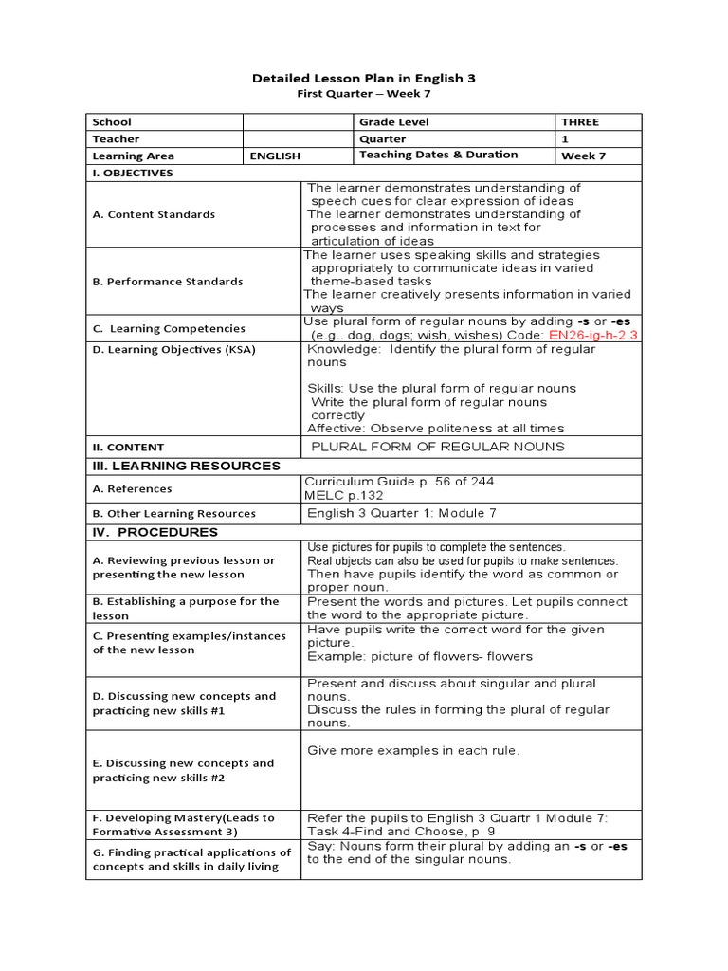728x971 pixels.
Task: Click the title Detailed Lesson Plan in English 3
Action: [x=363, y=79]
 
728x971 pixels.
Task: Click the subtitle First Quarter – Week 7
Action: [x=363, y=95]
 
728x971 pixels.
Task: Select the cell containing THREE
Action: [x=580, y=121]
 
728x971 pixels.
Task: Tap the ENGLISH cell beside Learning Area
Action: [x=275, y=156]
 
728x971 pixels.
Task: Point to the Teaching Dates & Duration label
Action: [x=439, y=155]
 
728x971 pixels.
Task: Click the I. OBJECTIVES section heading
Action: [x=133, y=173]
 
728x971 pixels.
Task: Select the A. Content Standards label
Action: [x=154, y=214]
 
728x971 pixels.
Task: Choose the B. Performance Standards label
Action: [x=168, y=281]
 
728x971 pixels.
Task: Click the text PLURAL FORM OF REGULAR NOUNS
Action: [x=436, y=447]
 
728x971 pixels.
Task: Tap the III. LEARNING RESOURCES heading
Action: [x=186, y=466]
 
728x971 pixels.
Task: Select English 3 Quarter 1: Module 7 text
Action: [x=402, y=513]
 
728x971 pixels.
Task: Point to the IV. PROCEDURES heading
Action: [x=155, y=532]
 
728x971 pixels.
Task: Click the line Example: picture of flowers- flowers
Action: [x=420, y=656]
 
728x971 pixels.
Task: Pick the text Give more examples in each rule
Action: [x=413, y=750]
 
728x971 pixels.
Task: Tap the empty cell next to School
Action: [x=299, y=121]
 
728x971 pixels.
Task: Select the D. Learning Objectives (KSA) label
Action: [x=173, y=349]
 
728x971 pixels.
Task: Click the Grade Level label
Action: [x=394, y=121]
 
